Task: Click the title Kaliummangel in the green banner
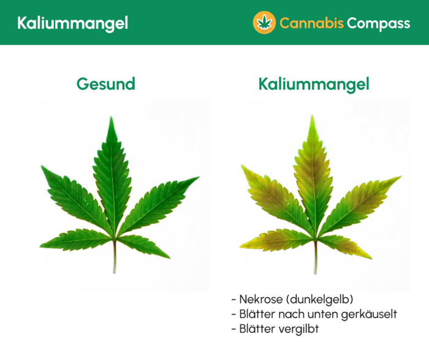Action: tap(72, 23)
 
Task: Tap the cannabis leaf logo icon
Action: tap(264, 23)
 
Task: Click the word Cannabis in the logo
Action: tap(311, 23)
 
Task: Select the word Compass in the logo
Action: tap(378, 23)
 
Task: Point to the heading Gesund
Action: tap(105, 84)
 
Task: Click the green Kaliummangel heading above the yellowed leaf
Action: tap(314, 84)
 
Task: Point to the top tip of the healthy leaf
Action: tap(112, 118)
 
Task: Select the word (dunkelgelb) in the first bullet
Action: tap(318, 299)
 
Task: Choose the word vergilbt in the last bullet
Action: tap(297, 329)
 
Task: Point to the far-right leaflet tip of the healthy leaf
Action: tap(198, 178)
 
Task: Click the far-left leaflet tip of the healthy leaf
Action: tap(41, 166)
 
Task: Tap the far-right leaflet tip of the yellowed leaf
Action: tap(400, 178)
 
